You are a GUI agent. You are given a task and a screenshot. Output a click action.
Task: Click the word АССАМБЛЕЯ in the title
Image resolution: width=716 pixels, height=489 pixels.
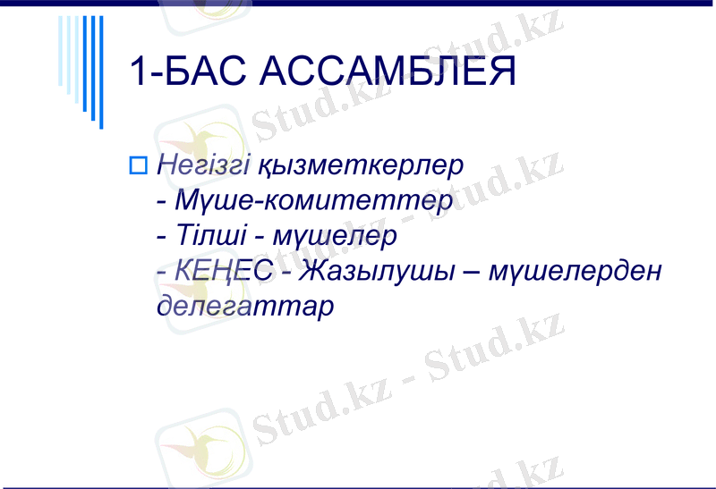pyautogui.click(x=387, y=72)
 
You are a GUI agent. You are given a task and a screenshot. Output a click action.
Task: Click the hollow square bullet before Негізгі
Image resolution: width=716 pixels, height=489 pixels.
pyautogui.click(x=138, y=164)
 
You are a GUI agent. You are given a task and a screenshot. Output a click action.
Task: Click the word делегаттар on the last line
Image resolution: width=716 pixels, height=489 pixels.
pyautogui.click(x=244, y=306)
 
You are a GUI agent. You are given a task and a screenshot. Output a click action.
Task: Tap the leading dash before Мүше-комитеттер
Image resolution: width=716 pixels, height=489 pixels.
pyautogui.click(x=161, y=203)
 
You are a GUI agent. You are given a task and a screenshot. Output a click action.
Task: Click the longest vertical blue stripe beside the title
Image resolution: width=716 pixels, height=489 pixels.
pyautogui.click(x=100, y=72)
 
